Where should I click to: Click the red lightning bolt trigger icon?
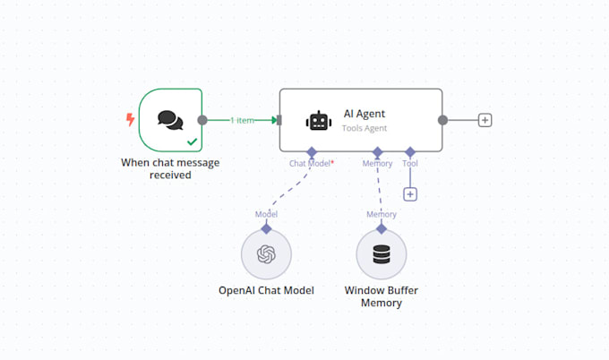tap(130, 119)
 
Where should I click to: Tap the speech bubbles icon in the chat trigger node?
tap(170, 119)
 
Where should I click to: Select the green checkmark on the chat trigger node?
tap(192, 141)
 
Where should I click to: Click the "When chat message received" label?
tap(170, 168)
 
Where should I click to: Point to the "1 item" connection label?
tap(242, 120)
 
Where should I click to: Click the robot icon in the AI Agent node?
tap(318, 121)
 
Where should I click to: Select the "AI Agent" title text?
tap(365, 114)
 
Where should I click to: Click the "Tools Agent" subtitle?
tap(365, 128)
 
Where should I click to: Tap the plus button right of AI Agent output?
tap(485, 120)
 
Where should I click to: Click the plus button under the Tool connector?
tap(410, 194)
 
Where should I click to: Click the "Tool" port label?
tap(410, 164)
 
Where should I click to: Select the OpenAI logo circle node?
tap(266, 254)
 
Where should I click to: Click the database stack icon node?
tap(382, 254)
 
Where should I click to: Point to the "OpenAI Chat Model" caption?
tap(266, 291)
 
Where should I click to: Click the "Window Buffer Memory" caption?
tap(382, 297)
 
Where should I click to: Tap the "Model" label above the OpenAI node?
tap(266, 214)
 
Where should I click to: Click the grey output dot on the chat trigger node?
tap(202, 120)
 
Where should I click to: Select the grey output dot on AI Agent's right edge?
tap(442, 120)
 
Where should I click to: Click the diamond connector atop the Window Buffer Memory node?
tap(382, 228)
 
